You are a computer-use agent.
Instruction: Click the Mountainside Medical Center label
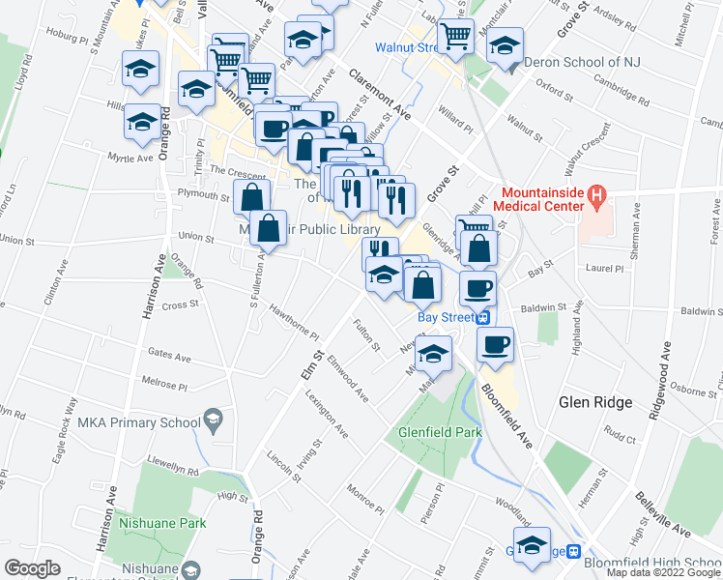[x=542, y=198]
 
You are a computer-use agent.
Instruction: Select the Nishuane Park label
[x=162, y=523]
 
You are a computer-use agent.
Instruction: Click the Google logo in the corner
[x=32, y=568]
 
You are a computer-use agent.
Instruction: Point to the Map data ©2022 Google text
[x=663, y=572]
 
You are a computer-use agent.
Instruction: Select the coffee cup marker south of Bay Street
[x=495, y=344]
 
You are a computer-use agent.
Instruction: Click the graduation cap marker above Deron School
[x=505, y=46]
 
